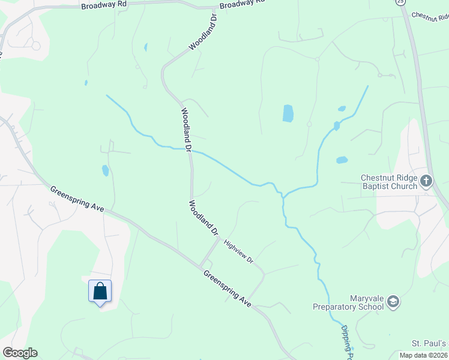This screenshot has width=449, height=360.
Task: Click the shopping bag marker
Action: (100, 292)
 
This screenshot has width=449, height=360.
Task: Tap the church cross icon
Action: (426, 181)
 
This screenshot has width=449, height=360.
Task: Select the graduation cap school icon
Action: (393, 301)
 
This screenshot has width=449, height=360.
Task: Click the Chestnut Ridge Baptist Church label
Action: (389, 182)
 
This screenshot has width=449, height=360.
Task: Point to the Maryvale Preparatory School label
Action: (348, 302)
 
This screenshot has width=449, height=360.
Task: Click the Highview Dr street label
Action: (239, 252)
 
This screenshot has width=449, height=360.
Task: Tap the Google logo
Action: (20, 353)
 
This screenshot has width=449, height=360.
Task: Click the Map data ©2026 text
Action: (424, 355)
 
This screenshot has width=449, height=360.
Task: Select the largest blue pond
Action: (288, 113)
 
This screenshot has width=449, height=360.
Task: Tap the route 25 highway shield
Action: (400, 2)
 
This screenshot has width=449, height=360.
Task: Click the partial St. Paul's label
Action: (430, 343)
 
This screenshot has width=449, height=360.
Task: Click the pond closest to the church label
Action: (342, 160)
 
